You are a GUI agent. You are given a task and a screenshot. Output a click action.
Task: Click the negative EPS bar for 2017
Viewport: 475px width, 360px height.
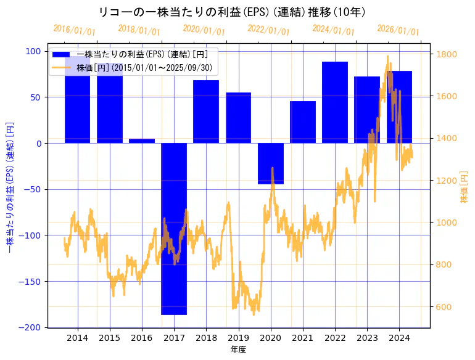[174, 228]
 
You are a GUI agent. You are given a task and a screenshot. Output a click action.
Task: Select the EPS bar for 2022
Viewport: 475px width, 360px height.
[335, 102]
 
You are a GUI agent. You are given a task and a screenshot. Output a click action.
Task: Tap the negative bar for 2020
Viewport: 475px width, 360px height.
[271, 163]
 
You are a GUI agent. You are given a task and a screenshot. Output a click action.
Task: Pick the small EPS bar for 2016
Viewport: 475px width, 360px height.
[142, 141]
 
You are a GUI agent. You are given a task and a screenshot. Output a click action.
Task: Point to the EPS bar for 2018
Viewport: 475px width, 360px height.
[206, 112]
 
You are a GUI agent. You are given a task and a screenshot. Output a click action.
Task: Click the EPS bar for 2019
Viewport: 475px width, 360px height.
[238, 118]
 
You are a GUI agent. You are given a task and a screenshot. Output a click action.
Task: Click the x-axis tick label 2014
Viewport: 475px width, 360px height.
[78, 338]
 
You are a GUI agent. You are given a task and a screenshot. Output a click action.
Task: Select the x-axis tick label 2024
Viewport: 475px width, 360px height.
[399, 338]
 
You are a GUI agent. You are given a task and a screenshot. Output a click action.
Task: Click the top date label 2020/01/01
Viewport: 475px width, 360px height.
[204, 30]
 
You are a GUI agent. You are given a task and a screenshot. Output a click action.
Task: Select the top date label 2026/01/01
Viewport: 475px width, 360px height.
[398, 30]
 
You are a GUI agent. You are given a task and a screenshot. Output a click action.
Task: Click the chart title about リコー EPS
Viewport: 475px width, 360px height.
[233, 12]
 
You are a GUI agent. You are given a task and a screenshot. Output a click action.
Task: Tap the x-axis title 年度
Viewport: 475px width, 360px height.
[238, 350]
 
